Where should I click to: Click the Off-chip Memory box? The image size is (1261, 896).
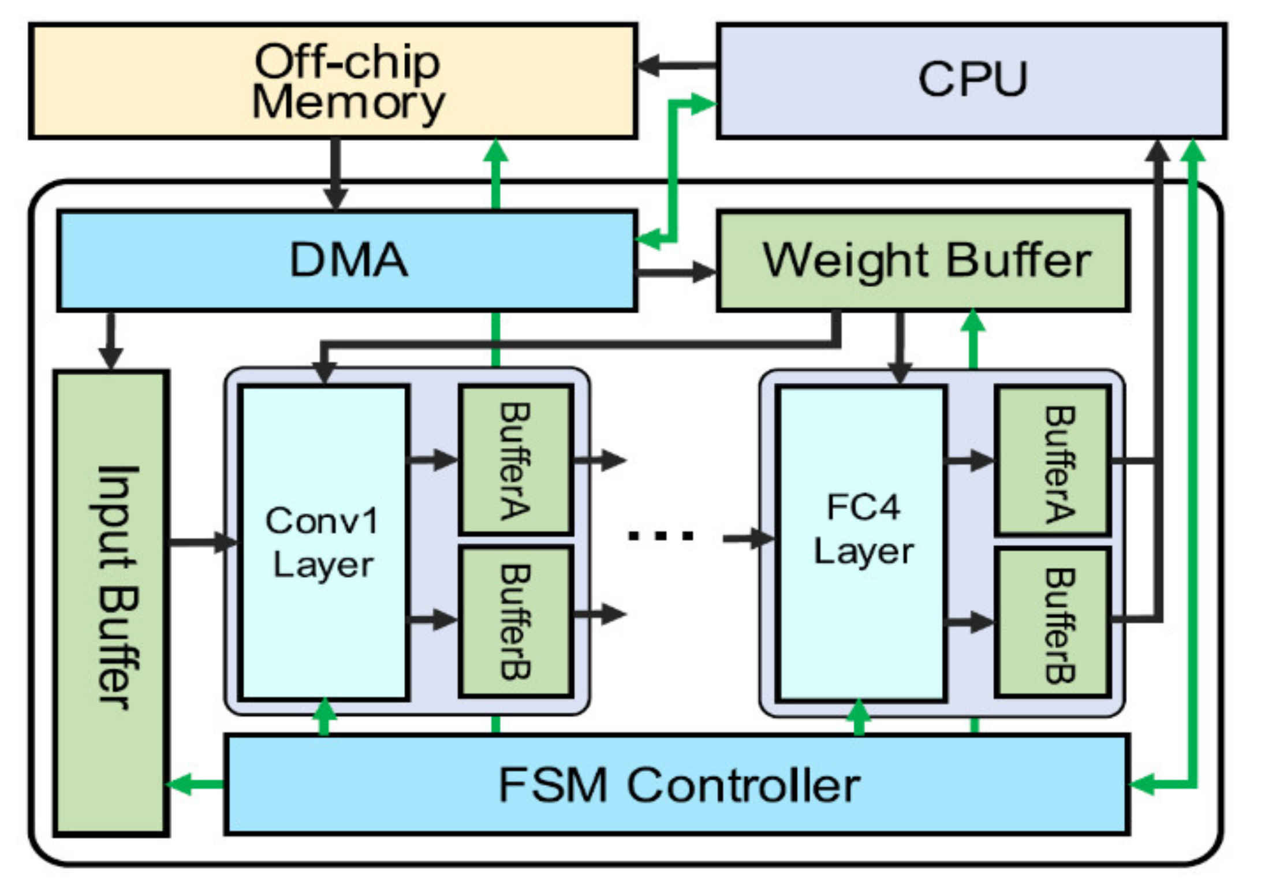(x=333, y=81)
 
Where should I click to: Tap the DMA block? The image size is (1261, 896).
(x=346, y=260)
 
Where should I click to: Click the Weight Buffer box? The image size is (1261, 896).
(x=923, y=260)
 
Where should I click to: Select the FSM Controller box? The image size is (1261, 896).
(x=677, y=785)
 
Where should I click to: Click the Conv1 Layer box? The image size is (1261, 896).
(x=324, y=543)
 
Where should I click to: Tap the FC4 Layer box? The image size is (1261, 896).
(x=861, y=543)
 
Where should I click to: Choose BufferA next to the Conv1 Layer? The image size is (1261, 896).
(x=516, y=460)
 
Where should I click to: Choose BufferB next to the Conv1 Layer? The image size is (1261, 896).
(x=516, y=621)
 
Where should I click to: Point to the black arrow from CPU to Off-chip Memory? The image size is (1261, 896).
(x=676, y=65)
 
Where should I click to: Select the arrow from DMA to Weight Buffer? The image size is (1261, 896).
(x=676, y=271)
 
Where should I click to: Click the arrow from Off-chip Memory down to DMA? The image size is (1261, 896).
(x=335, y=173)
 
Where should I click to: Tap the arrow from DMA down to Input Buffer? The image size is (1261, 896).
(x=110, y=341)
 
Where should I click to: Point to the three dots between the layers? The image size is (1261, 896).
(x=661, y=536)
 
